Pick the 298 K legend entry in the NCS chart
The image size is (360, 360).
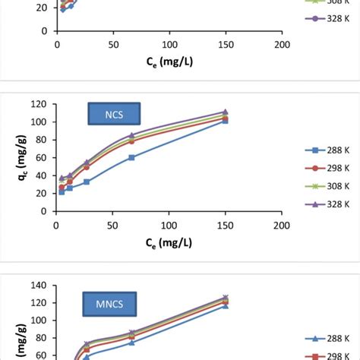(320, 167)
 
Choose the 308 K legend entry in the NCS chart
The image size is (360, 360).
(320, 186)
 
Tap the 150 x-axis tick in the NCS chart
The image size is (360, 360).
(226, 226)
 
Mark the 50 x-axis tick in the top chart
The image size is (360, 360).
(113, 45)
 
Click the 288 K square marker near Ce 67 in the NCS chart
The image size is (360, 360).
(131, 157)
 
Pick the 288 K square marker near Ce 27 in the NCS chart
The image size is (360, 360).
(87, 182)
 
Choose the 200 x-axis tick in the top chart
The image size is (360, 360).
(282, 45)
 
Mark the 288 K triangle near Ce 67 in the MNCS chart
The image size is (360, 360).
(131, 343)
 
